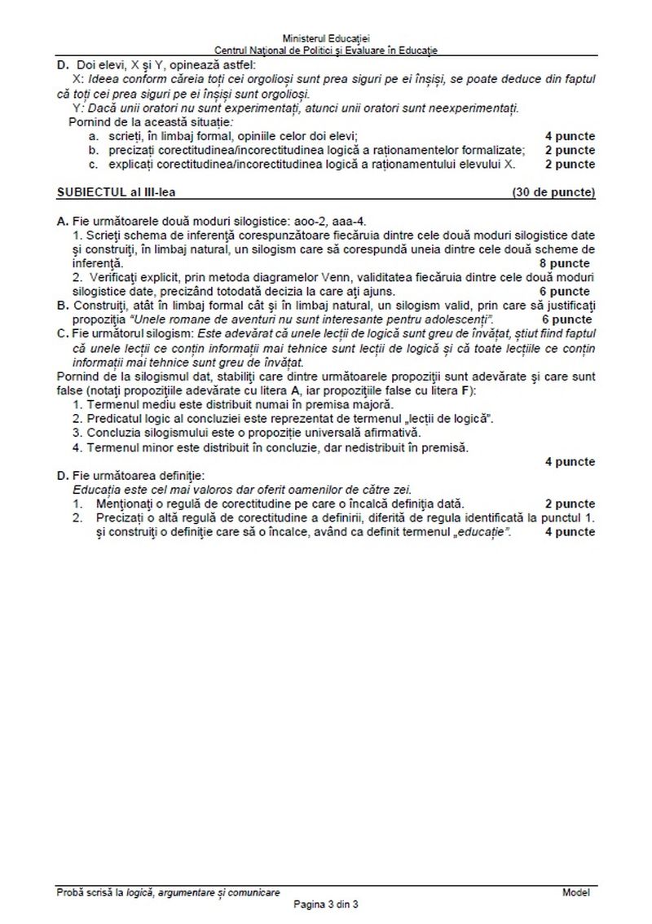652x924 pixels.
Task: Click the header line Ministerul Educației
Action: [326, 38]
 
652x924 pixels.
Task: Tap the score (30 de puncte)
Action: [553, 193]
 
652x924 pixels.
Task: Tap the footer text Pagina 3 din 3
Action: [326, 904]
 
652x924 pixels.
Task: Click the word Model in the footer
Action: [575, 893]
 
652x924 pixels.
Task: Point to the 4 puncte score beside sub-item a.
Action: [570, 136]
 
